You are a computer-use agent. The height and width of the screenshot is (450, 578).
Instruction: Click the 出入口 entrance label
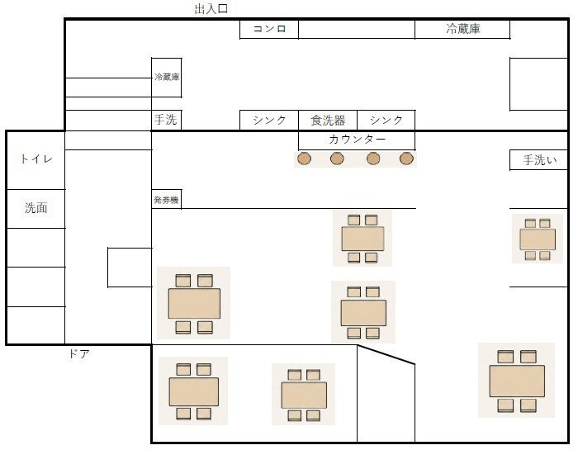coord(211,9)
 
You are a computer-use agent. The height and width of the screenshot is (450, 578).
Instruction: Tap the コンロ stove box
coord(269,29)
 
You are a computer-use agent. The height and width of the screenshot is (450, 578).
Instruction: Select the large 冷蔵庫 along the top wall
coord(462,29)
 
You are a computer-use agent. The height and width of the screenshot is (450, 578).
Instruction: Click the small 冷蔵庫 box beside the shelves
coord(167,78)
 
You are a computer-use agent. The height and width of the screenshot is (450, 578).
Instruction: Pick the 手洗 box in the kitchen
coord(166,120)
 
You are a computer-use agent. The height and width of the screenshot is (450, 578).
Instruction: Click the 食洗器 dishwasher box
coord(328,121)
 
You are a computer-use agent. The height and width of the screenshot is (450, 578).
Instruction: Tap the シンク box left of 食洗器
coord(269,121)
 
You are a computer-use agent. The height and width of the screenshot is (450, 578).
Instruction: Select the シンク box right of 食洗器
coord(386,121)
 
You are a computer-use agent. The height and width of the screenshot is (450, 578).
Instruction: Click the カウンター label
coord(357,140)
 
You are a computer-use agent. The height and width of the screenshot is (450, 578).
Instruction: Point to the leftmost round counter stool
coord(304,159)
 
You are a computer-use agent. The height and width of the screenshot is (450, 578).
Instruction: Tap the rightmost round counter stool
coord(406,159)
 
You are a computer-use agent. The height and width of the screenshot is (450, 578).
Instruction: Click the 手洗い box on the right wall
coord(538,160)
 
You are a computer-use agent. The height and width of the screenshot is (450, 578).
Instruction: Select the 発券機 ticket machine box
coord(166,199)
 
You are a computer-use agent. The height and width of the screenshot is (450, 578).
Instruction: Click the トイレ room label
coord(36,159)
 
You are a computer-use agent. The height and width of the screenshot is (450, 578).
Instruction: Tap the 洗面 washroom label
coord(36,208)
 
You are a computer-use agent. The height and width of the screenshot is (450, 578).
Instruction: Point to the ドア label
coord(79,354)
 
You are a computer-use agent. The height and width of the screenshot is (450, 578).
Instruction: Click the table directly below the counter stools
coord(362,239)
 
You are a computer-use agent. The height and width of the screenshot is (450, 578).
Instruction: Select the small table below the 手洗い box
coord(538,239)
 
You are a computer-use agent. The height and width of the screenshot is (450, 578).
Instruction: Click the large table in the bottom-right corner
coord(517,381)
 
